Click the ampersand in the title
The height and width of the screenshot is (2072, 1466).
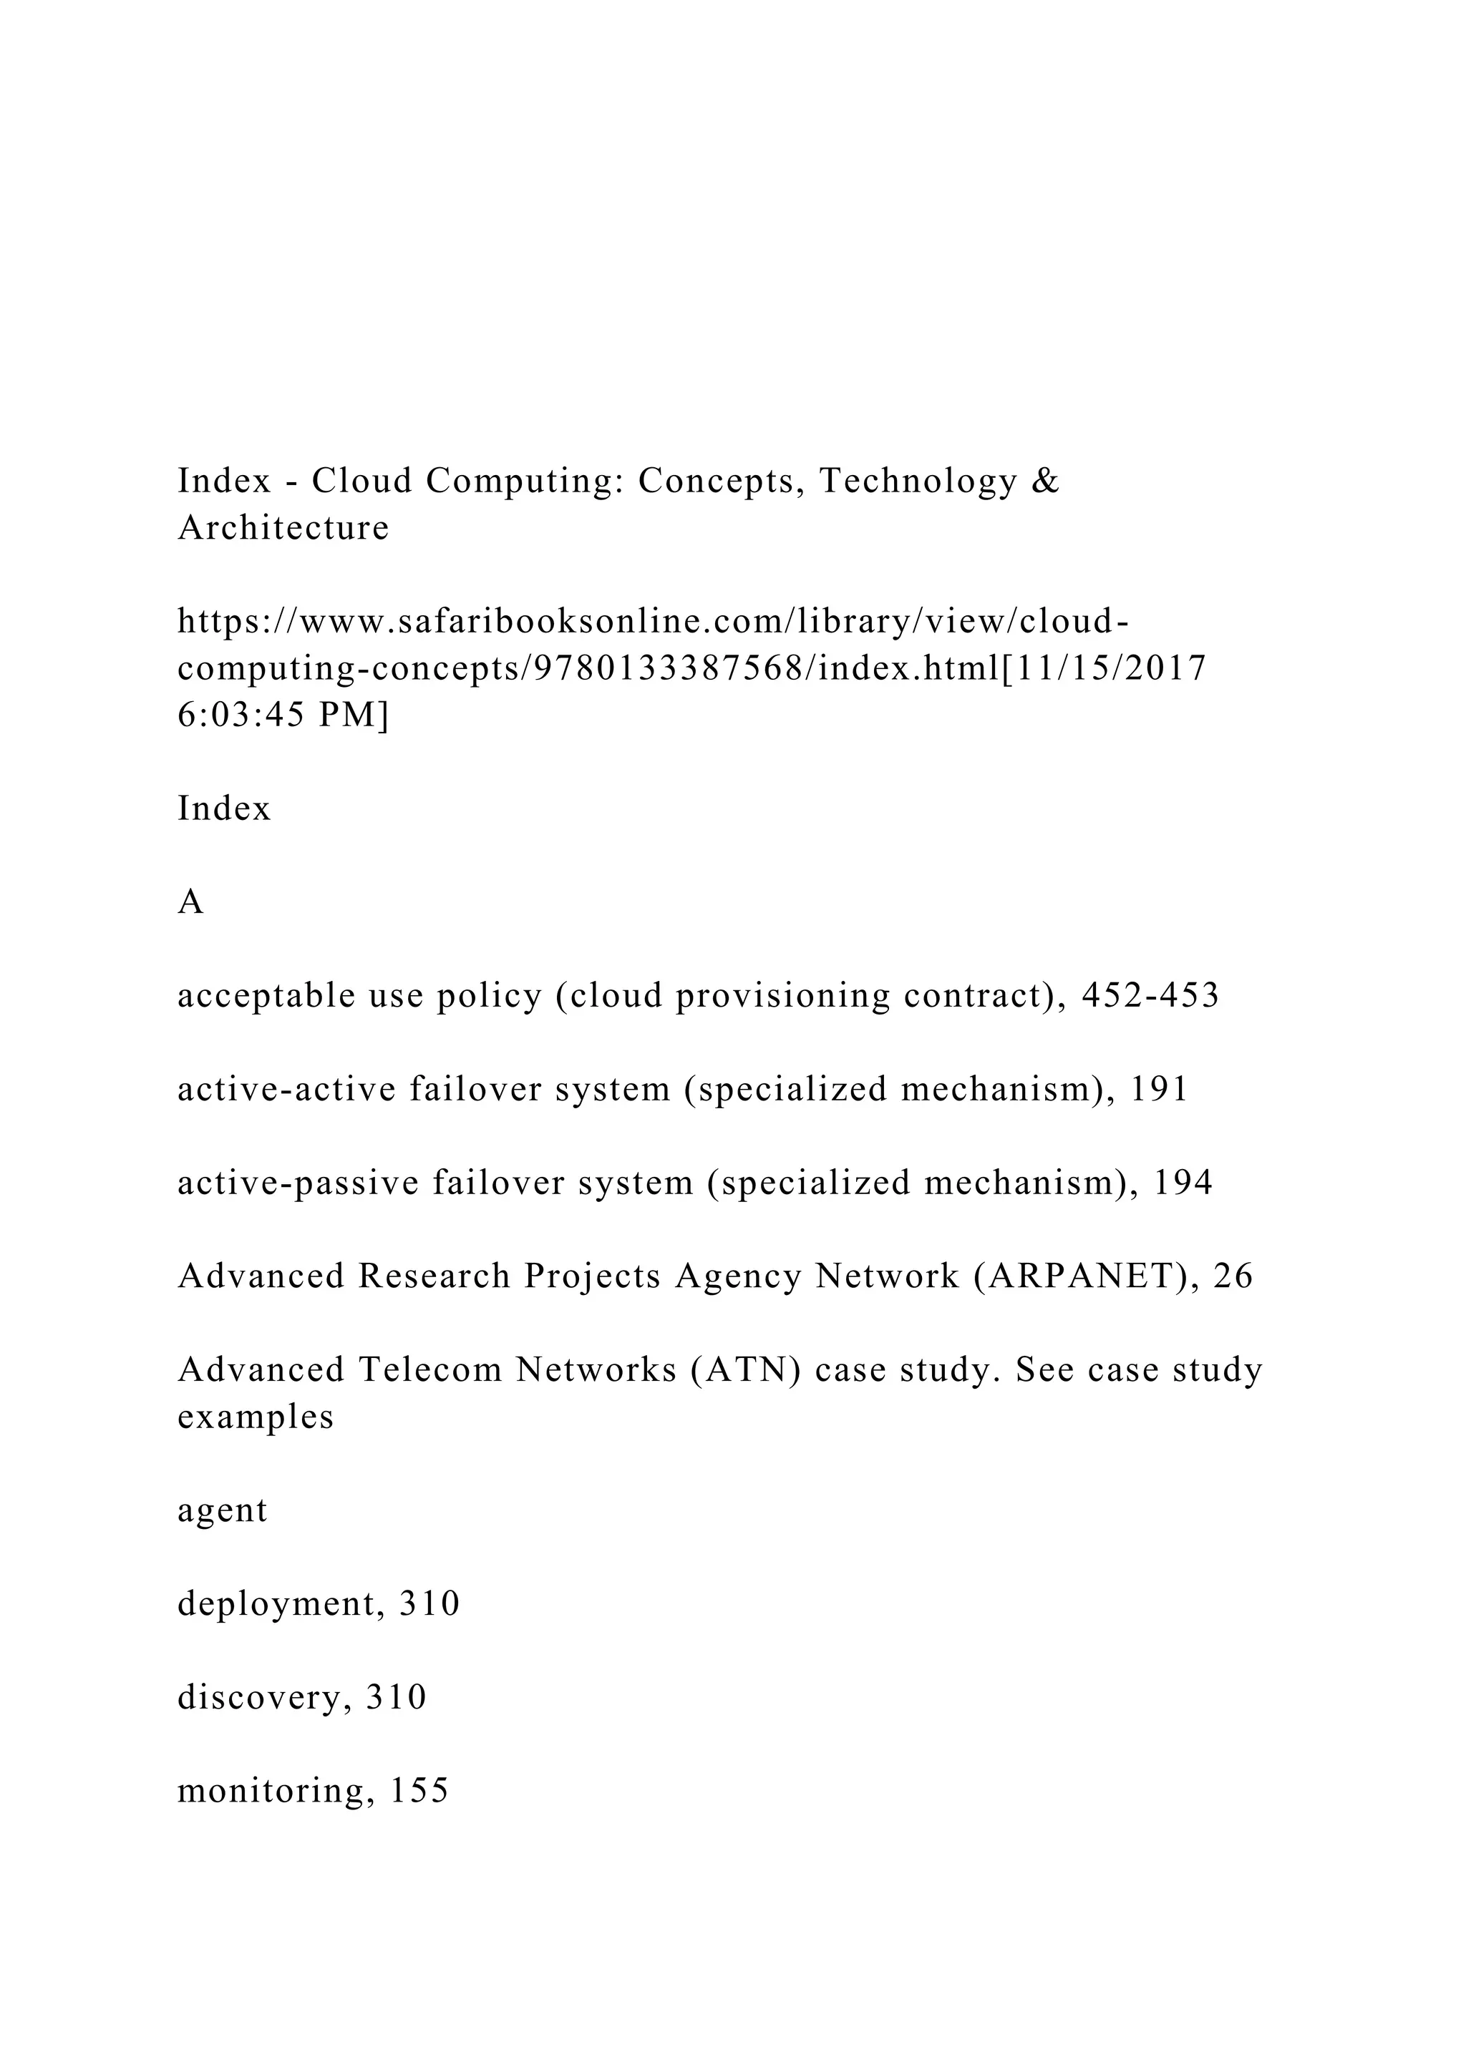1044,481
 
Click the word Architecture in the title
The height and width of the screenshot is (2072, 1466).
283,528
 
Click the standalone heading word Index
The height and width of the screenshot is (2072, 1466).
224,808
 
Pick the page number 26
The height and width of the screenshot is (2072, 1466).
1233,1276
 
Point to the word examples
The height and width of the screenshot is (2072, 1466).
256,1417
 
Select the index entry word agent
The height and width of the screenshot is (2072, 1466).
222,1510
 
